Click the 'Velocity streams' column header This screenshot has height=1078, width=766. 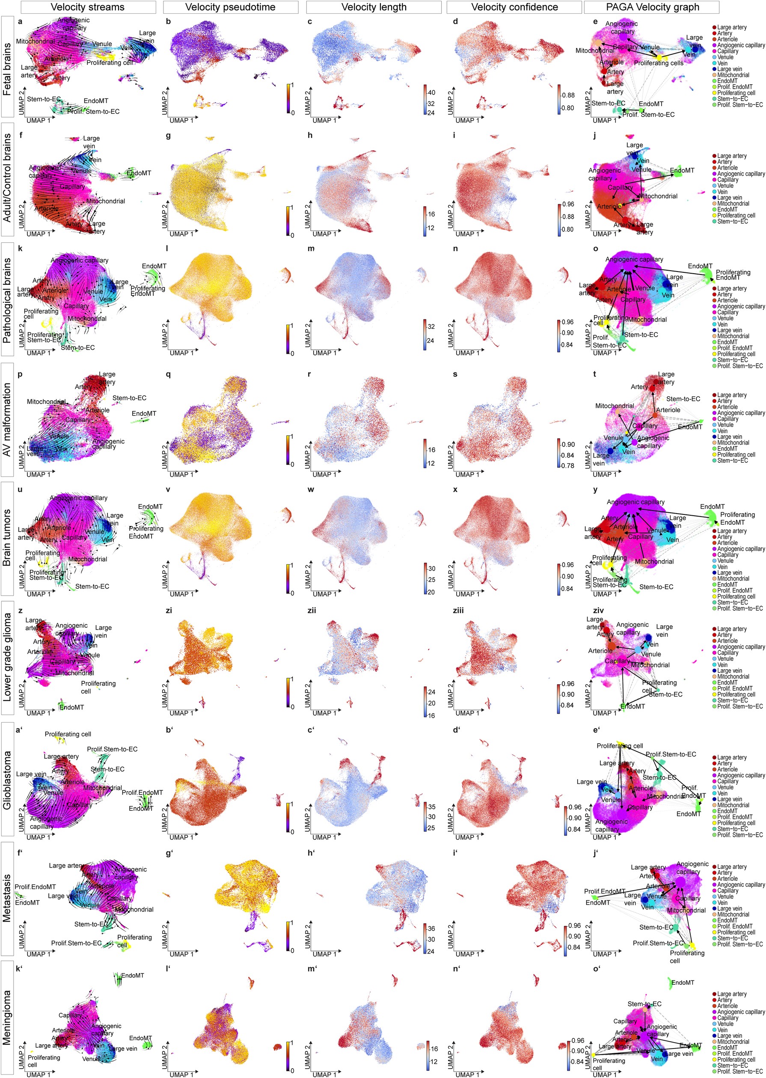(x=88, y=7)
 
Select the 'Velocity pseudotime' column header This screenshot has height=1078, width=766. (x=230, y=7)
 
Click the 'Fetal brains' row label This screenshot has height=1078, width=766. (x=7, y=70)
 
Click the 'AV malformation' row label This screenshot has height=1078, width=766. (x=7, y=419)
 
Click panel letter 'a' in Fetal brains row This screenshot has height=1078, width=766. (x=20, y=22)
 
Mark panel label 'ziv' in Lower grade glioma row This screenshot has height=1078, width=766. (x=598, y=611)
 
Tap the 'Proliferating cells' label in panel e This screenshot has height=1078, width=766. (x=659, y=63)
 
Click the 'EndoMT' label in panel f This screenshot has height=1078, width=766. (x=139, y=173)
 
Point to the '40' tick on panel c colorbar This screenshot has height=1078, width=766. (x=431, y=92)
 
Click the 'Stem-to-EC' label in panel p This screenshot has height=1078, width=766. (x=129, y=398)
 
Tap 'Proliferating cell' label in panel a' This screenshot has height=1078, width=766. (x=68, y=734)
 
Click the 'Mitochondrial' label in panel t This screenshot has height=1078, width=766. (x=614, y=406)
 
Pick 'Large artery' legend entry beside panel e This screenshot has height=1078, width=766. (x=732, y=27)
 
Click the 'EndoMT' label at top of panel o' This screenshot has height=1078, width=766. (x=683, y=982)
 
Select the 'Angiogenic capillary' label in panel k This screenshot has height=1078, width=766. (x=79, y=260)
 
